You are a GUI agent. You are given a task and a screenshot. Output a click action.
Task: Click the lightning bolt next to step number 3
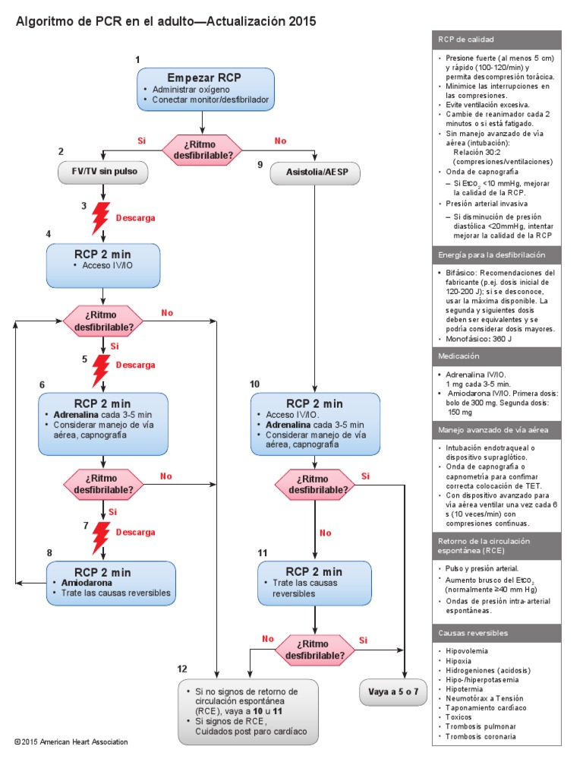click(100, 218)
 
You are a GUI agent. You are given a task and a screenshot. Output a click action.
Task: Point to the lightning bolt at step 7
click(100, 537)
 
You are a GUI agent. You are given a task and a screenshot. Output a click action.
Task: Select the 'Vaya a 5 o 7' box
click(393, 692)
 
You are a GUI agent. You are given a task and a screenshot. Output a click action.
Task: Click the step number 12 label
click(181, 669)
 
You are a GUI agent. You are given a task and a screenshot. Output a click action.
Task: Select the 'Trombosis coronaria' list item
click(481, 736)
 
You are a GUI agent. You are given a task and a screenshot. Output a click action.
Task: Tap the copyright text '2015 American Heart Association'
click(72, 742)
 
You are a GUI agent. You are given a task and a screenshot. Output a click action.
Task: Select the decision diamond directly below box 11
click(314, 648)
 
